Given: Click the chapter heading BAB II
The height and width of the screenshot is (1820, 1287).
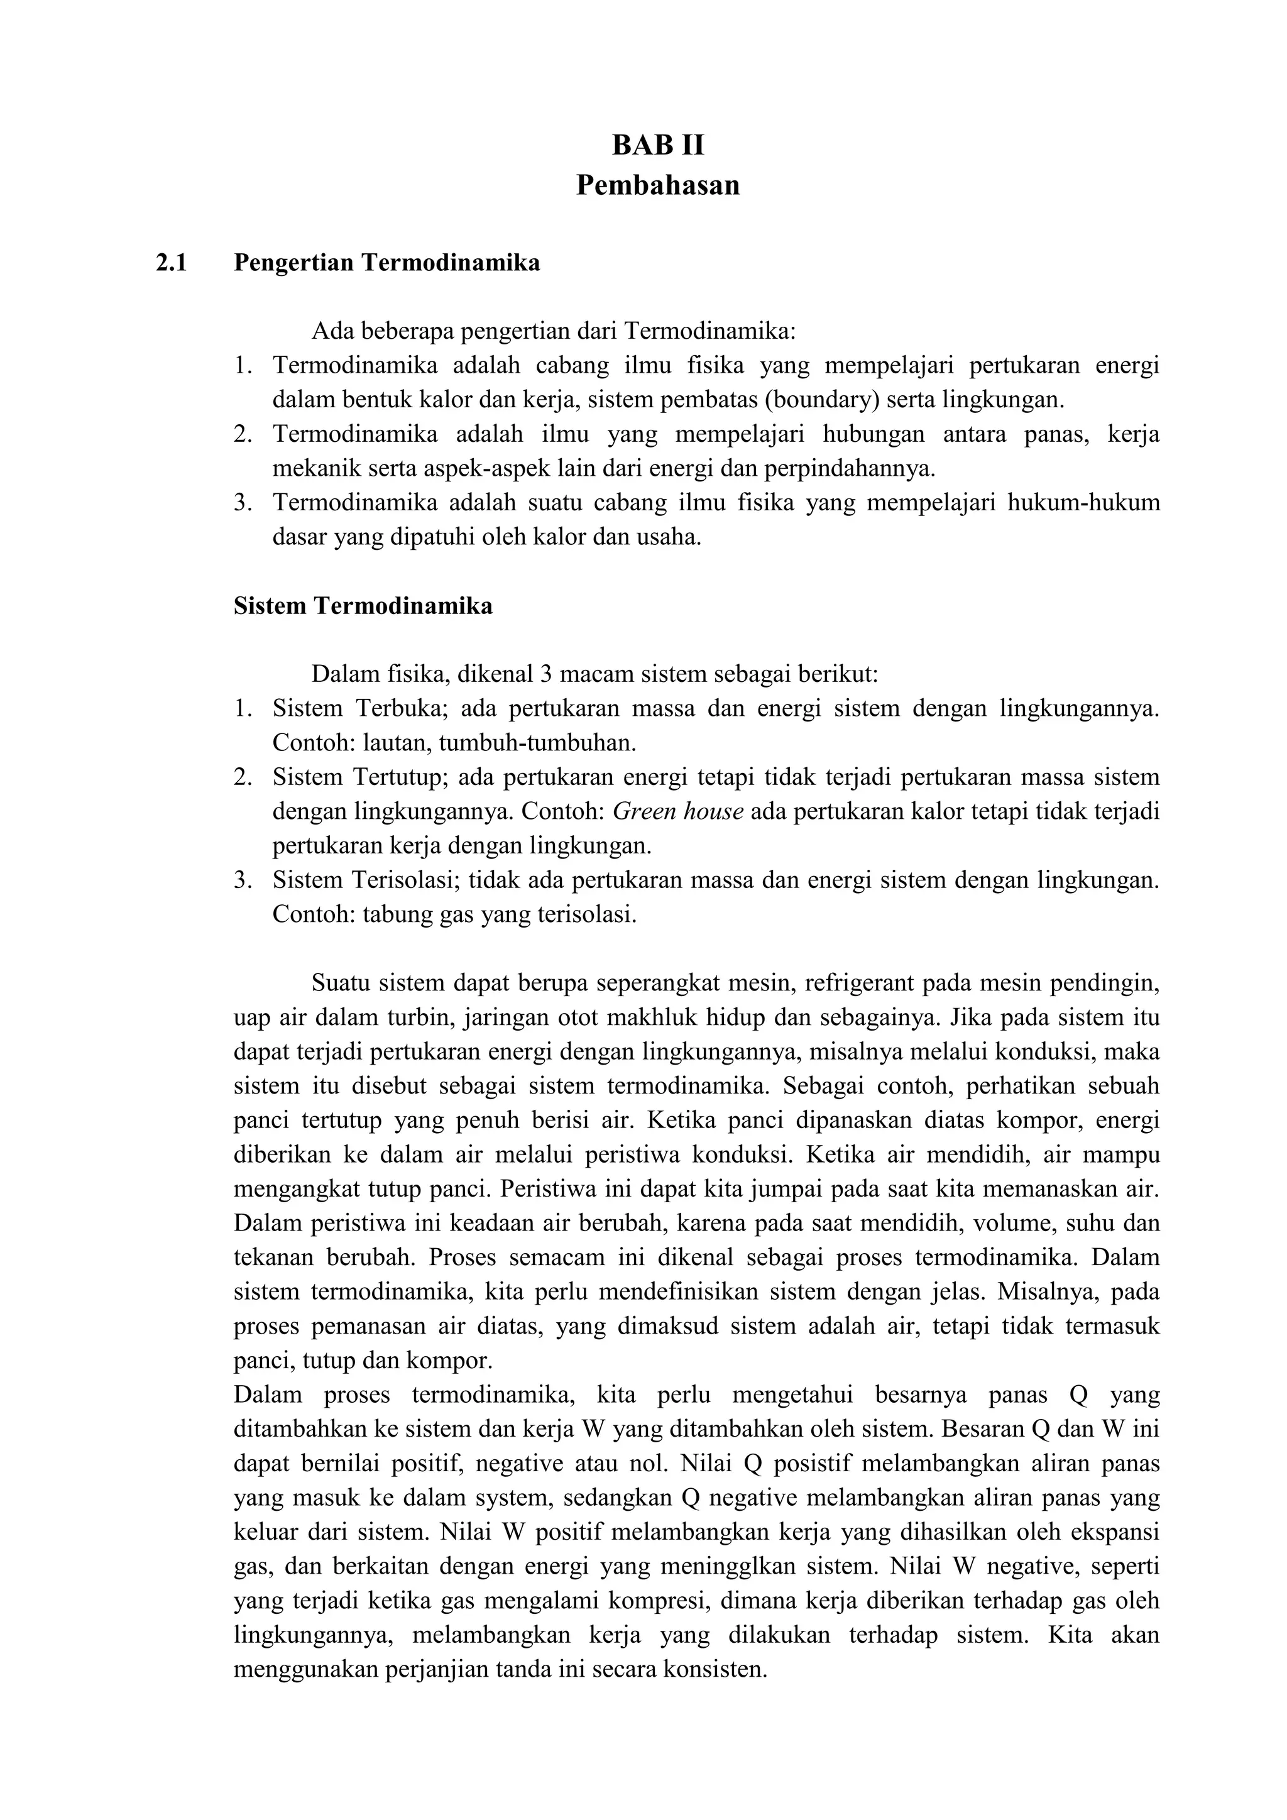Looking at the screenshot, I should pos(658,146).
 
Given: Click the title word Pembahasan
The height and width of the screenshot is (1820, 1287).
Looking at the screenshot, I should pos(658,185).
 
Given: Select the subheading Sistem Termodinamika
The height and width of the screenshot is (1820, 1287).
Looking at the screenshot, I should pos(363,606).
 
